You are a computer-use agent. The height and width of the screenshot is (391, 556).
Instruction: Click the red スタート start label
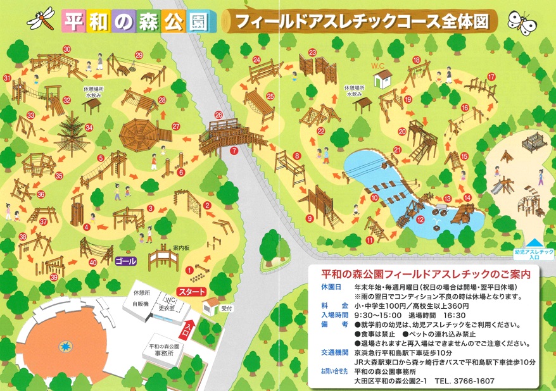(191, 292)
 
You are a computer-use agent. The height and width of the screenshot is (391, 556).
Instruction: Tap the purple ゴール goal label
(126, 261)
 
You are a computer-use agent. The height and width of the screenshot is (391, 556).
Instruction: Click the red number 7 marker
(234, 151)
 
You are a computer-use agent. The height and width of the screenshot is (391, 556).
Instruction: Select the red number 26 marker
(218, 115)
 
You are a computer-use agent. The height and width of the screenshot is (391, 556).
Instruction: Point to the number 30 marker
(66, 49)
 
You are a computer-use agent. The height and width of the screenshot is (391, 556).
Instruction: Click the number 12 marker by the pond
(420, 220)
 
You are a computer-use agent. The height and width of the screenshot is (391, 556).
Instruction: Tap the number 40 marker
(93, 261)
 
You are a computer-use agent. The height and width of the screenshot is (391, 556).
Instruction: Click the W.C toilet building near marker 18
(382, 78)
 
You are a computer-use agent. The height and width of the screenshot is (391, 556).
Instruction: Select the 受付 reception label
(227, 309)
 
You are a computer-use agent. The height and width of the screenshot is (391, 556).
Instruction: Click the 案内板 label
(182, 247)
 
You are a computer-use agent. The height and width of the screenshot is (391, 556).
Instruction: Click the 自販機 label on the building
(140, 304)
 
